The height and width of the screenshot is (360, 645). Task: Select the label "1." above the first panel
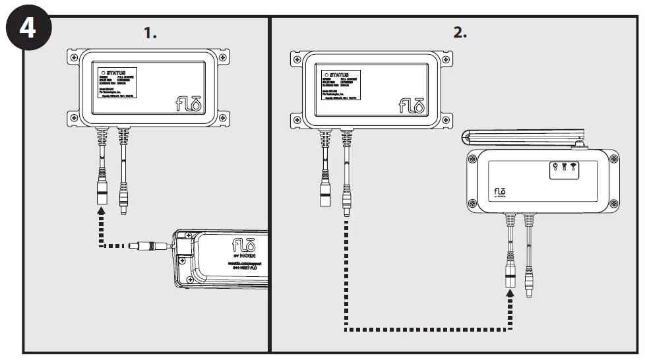[150, 33]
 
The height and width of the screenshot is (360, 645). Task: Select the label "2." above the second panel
[460, 33]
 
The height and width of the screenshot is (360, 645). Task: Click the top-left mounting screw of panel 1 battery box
[73, 58]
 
